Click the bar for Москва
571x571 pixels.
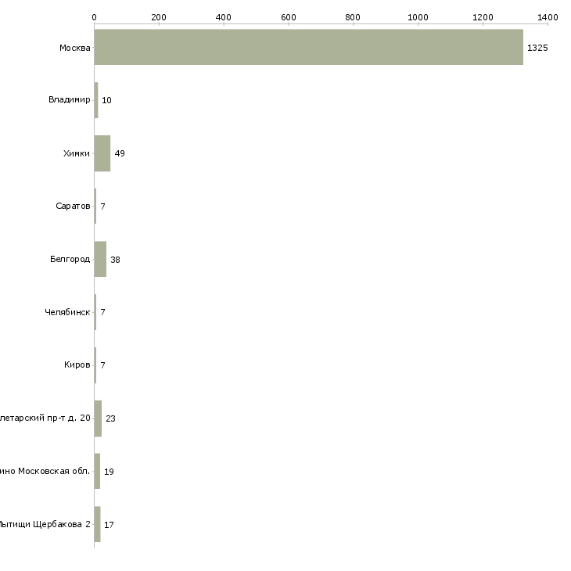tap(308, 47)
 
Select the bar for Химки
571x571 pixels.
tap(102, 153)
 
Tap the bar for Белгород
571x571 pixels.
tap(100, 259)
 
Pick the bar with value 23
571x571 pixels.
tap(98, 418)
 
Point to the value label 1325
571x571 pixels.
tap(537, 48)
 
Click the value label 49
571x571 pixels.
tap(120, 153)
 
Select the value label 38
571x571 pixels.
tap(115, 260)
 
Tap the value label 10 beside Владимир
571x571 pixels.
tap(106, 100)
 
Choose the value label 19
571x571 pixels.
tap(109, 472)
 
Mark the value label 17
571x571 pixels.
tap(109, 525)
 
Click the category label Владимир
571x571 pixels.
tap(69, 100)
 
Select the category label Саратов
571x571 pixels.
tap(74, 206)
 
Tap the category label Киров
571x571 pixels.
tap(77, 365)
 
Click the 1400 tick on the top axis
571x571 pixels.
tap(548, 16)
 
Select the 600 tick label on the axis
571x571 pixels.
tap(289, 16)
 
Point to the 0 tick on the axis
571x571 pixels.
tap(94, 16)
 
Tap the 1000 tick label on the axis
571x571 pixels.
tap(418, 16)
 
